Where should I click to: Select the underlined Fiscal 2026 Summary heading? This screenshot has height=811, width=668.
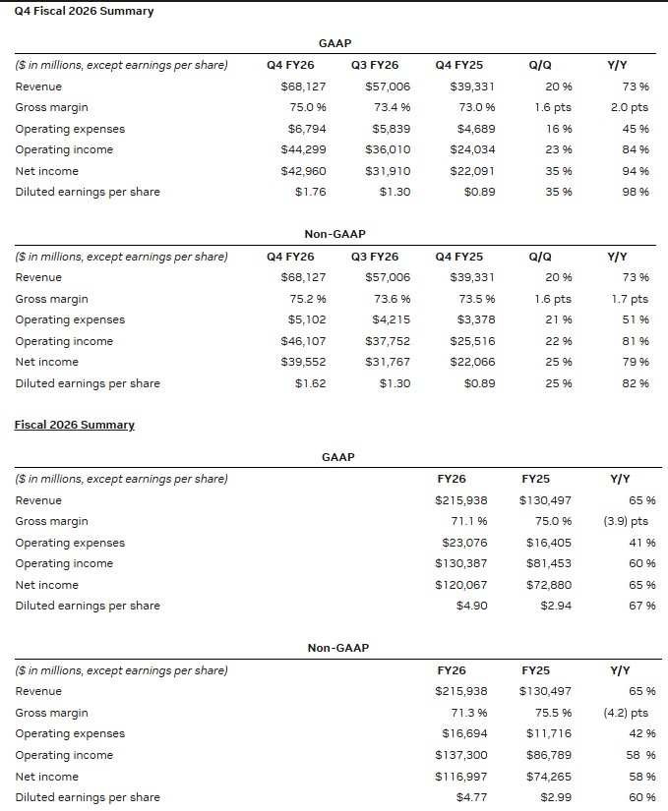[74, 425]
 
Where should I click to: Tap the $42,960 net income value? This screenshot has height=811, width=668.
[303, 171]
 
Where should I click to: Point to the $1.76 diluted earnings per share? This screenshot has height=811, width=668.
[310, 192]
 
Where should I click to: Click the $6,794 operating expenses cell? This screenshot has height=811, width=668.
[307, 129]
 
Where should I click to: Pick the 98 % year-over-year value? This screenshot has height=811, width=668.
[636, 192]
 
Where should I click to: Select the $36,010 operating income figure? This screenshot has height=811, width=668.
[388, 149]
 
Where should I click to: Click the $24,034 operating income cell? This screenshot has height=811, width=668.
[472, 149]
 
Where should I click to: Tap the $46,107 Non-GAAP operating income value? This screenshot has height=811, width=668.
[303, 341]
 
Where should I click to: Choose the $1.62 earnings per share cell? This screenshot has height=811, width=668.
[310, 383]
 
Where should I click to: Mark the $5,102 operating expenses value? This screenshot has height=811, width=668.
[307, 319]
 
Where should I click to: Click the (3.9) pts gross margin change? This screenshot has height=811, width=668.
[626, 521]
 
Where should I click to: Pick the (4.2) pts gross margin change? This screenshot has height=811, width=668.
[626, 713]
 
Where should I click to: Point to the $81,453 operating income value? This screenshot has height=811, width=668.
[548, 563]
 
